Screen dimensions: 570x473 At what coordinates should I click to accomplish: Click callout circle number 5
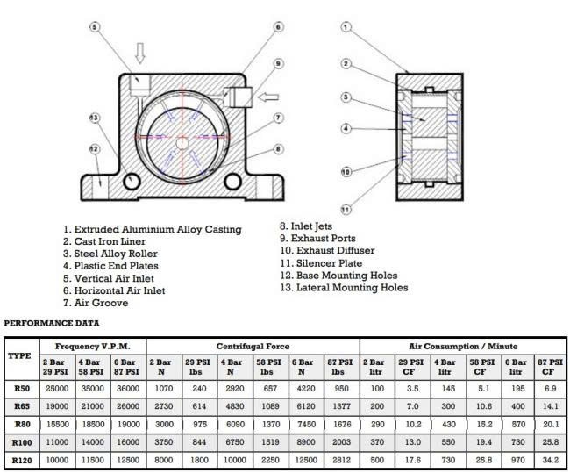pyautogui.click(x=95, y=27)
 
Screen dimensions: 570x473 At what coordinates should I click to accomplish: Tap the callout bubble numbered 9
pyautogui.click(x=278, y=64)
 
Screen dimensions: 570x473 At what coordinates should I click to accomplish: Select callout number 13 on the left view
pyautogui.click(x=95, y=118)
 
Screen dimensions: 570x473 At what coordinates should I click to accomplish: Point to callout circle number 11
pyautogui.click(x=346, y=209)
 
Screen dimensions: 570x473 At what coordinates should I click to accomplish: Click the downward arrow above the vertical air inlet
pyautogui.click(x=140, y=54)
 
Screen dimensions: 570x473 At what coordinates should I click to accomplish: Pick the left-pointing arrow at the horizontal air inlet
pyautogui.click(x=268, y=97)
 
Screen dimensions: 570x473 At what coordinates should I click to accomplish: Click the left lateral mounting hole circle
pyautogui.click(x=132, y=181)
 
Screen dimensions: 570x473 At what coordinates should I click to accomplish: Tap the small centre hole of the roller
pyautogui.click(x=182, y=143)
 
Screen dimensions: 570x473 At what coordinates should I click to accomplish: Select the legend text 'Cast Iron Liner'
pyautogui.click(x=110, y=241)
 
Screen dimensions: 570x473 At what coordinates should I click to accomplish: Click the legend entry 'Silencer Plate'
pyautogui.click(x=330, y=263)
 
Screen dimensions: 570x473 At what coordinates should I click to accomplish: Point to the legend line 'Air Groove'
pyautogui.click(x=101, y=303)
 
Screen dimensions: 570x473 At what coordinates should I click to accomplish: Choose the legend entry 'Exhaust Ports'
pyautogui.click(x=324, y=239)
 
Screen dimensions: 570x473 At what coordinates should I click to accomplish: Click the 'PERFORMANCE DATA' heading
pyautogui.click(x=52, y=323)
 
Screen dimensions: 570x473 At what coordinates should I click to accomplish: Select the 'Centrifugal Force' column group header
pyautogui.click(x=253, y=346)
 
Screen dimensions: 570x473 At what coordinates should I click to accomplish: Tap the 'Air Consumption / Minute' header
pyautogui.click(x=463, y=346)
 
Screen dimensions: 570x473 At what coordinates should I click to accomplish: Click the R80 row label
pyautogui.click(x=22, y=424)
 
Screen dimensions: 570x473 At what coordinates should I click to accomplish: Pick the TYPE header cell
pyautogui.click(x=19, y=355)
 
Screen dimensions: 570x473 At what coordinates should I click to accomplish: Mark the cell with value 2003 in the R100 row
pyautogui.click(x=341, y=442)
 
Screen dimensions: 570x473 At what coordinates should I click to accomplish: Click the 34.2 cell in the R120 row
pyautogui.click(x=550, y=460)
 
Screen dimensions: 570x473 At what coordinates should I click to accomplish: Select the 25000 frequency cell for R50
pyautogui.click(x=57, y=388)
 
